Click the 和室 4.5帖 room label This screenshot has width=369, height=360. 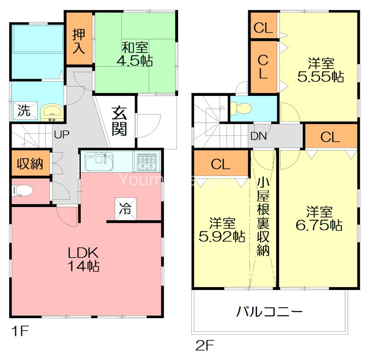coord(137,53)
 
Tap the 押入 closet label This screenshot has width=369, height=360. coord(79,41)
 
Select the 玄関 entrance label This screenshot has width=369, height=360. coord(119,121)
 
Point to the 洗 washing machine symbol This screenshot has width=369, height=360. coord(24,111)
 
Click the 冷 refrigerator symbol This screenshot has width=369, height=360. coord(125,209)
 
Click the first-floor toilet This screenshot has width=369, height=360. coord(20,189)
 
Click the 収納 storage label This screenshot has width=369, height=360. coord(30,164)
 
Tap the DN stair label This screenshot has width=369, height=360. coord(258,136)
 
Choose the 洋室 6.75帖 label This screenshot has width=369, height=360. coord(319,219)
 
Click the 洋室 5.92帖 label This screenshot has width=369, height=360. coord(222,230)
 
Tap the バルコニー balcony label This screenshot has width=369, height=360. coord(269,312)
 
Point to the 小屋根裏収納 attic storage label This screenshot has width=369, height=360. coord(263,217)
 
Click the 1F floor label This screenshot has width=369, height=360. coord(19,331)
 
